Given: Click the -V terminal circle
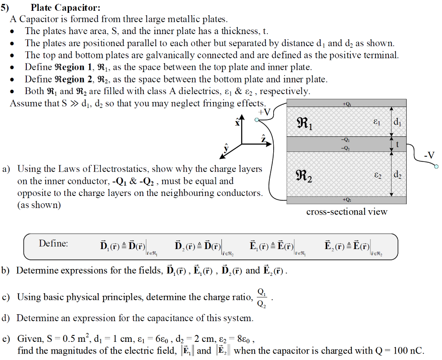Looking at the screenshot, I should pyautogui.click(x=436, y=166).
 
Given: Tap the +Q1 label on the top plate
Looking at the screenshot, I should pyautogui.click(x=346, y=104).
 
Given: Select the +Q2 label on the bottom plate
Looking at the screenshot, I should pyautogui.click(x=346, y=200).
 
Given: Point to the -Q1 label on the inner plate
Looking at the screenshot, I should pyautogui.click(x=346, y=140).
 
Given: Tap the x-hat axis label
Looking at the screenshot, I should pyautogui.click(x=237, y=122).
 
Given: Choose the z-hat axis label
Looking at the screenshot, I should pyautogui.click(x=263, y=138).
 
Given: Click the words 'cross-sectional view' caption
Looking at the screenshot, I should pyautogui.click(x=347, y=212).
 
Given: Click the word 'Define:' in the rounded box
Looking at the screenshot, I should pyautogui.click(x=54, y=243).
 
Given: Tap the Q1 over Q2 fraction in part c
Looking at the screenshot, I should pyautogui.click(x=262, y=297).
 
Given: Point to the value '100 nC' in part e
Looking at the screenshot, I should pyautogui.click(x=407, y=350).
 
